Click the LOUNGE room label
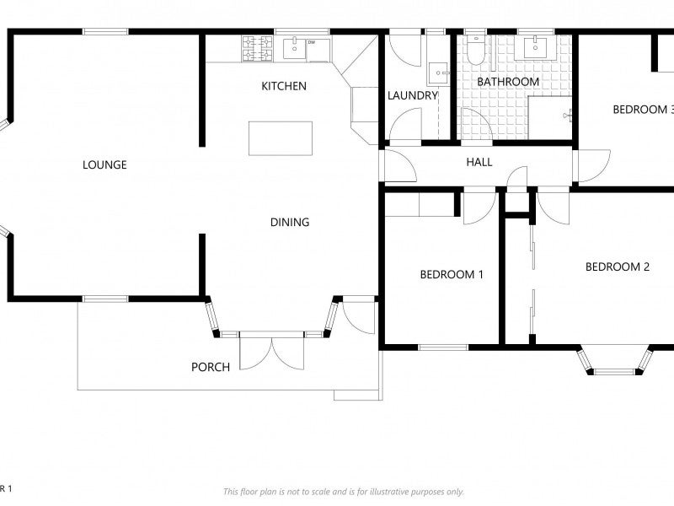tap(104, 164)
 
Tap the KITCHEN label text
tap(284, 86)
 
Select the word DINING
tap(290, 223)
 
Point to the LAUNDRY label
tap(413, 95)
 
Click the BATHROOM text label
tap(508, 82)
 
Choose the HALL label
tap(479, 162)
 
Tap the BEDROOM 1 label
tap(452, 274)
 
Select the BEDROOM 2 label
tap(618, 267)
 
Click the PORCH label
tap(211, 367)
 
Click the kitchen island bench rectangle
tap(281, 137)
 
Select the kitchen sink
tap(294, 49)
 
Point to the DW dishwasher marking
tap(312, 42)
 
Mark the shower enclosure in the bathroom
tap(549, 116)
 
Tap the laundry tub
tap(438, 74)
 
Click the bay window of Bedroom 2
tap(615, 361)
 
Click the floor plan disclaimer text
tap(344, 492)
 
